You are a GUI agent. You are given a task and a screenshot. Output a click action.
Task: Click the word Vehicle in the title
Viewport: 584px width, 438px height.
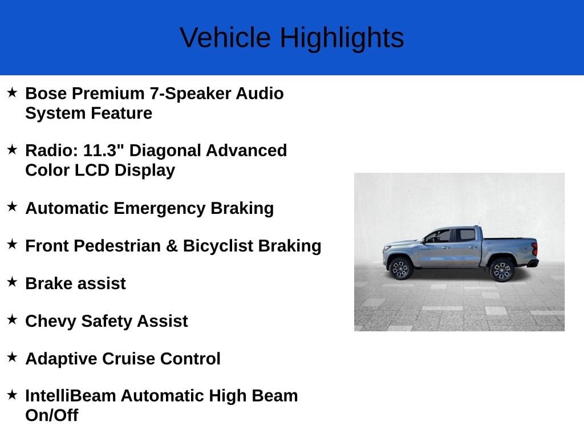(x=225, y=38)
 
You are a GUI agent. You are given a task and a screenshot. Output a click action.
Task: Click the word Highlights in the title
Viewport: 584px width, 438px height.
(x=342, y=38)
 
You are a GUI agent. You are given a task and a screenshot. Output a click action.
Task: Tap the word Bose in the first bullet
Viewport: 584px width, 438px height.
(x=46, y=93)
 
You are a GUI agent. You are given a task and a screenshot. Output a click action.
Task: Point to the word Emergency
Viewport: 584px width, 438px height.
(x=160, y=209)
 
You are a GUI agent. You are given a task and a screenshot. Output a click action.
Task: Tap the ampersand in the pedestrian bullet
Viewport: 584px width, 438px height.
(x=172, y=246)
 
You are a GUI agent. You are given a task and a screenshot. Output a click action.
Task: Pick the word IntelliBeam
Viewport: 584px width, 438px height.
(x=70, y=396)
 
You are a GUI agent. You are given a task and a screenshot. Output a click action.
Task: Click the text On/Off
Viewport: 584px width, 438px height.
(x=52, y=415)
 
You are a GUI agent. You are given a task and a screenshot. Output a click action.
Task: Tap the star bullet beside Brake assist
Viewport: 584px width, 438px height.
(x=13, y=282)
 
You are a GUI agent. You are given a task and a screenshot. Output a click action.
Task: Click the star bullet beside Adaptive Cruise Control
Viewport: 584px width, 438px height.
(x=13, y=357)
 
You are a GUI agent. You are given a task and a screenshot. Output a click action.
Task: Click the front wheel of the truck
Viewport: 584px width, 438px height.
(x=400, y=268)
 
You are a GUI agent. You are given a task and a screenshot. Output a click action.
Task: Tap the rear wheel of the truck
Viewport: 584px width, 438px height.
(x=502, y=270)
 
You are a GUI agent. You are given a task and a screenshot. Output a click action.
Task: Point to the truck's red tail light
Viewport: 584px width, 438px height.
(x=535, y=249)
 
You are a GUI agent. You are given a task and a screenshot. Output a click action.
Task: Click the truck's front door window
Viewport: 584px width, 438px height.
(x=439, y=236)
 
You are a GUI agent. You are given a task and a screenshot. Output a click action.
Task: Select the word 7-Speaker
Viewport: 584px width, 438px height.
(x=190, y=94)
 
